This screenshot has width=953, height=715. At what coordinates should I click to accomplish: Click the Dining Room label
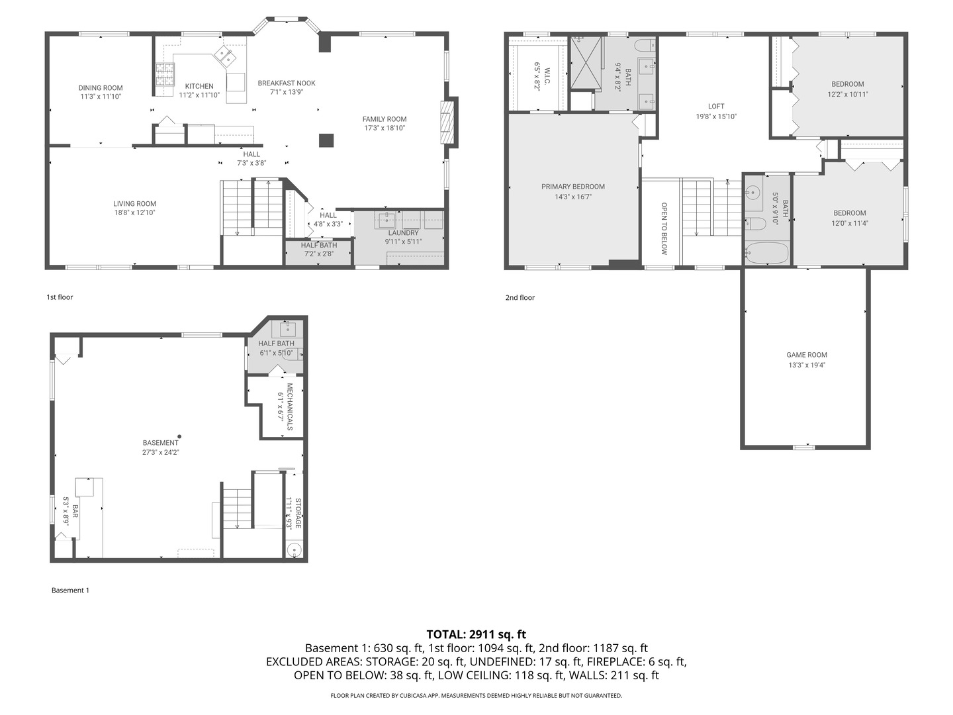click(x=101, y=88)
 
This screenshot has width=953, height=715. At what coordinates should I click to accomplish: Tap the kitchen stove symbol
click(x=164, y=74)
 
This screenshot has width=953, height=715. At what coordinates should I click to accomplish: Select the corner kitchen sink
click(x=224, y=56)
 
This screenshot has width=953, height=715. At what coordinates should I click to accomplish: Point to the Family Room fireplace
click(x=449, y=120)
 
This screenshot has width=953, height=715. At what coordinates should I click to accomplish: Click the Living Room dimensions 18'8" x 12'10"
click(x=134, y=213)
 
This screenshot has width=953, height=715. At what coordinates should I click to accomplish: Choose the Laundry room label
click(x=403, y=233)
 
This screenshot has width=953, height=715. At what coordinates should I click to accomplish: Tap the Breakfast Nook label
click(x=287, y=83)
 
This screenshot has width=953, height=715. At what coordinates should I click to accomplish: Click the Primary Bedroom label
click(x=572, y=187)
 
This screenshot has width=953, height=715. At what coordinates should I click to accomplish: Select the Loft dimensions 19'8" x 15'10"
click(x=716, y=117)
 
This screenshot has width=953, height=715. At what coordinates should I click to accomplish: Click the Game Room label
click(x=807, y=355)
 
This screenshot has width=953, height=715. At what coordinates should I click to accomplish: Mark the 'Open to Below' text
click(x=664, y=228)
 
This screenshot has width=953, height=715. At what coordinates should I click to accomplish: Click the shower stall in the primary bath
click(x=586, y=62)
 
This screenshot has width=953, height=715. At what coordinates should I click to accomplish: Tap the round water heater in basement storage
click(x=294, y=549)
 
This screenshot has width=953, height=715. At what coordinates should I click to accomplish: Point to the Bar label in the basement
click(x=75, y=511)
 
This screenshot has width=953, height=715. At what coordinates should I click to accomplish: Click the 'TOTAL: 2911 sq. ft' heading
click(x=476, y=634)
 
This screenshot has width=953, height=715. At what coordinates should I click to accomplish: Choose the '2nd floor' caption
click(x=520, y=298)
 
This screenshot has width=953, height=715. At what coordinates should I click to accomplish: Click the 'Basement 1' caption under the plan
click(x=70, y=591)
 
